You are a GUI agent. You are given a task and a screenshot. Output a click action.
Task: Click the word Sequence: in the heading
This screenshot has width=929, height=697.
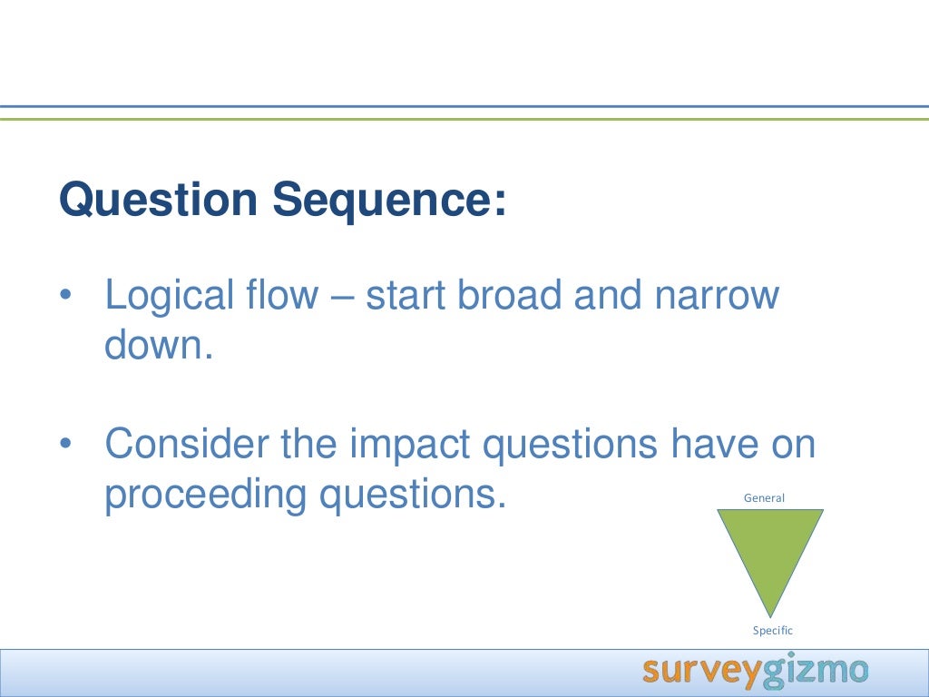[x=389, y=200]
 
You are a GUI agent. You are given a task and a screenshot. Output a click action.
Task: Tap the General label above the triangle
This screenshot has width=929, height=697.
[x=764, y=497]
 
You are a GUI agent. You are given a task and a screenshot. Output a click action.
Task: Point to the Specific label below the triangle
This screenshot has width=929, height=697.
[x=773, y=631]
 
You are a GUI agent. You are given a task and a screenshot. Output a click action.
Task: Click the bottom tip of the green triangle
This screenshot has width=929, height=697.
[x=770, y=614]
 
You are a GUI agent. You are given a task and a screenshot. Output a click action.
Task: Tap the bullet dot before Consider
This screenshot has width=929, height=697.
[x=64, y=446]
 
